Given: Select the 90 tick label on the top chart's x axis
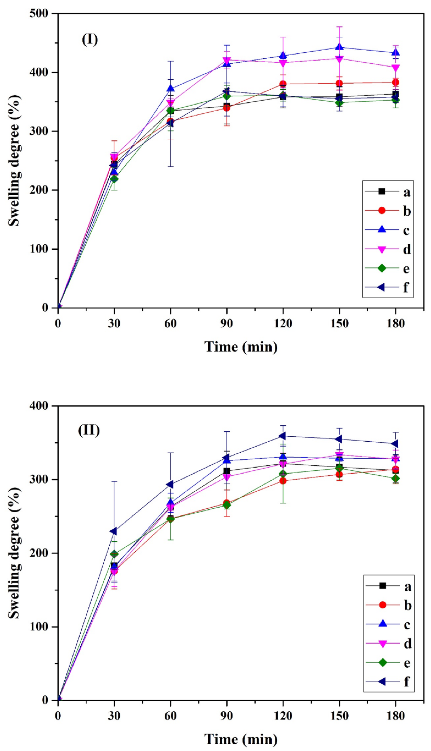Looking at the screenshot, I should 226,323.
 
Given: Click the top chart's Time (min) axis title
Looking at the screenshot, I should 241,346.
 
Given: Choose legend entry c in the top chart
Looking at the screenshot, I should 388,230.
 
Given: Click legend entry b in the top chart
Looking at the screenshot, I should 388,211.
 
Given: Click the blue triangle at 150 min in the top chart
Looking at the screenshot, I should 339,47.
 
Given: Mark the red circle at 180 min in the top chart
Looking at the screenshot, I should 395,82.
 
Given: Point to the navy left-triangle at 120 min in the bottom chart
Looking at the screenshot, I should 283,436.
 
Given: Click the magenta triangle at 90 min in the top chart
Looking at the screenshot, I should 227,60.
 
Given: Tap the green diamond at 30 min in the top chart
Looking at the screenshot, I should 114,179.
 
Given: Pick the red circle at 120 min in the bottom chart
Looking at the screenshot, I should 283,481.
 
